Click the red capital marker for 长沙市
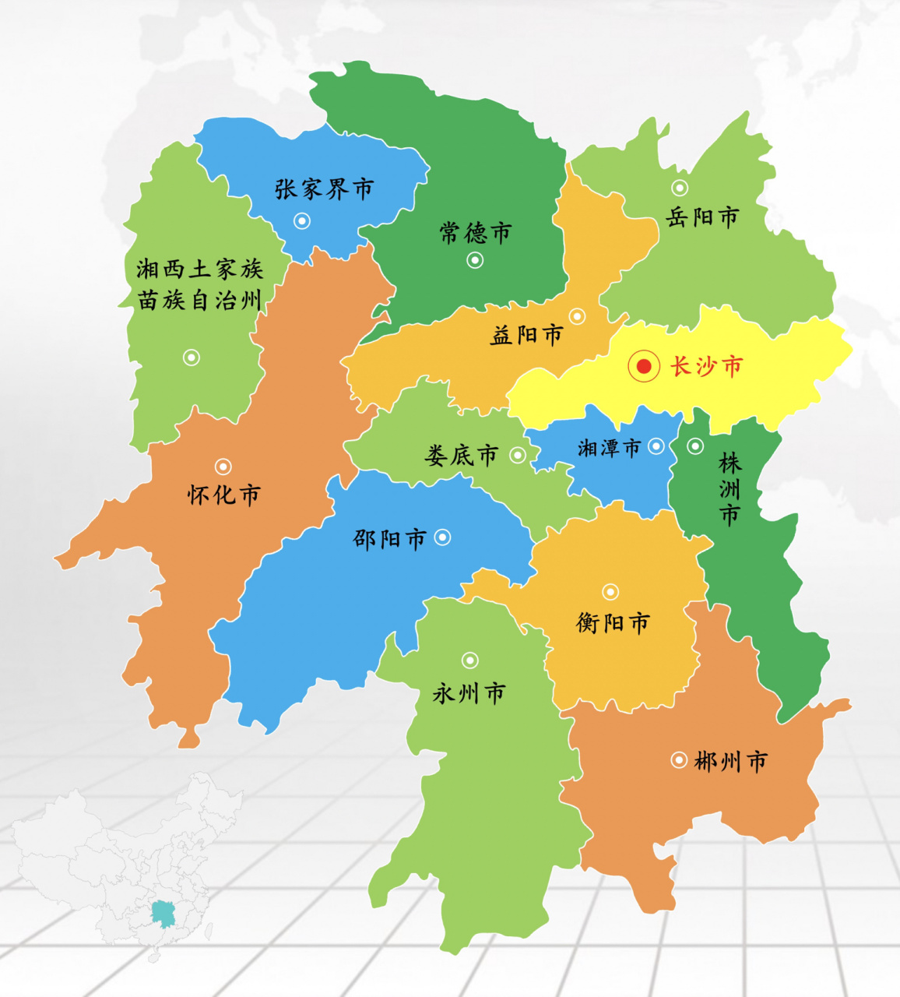644,366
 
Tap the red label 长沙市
707,366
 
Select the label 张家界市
324,189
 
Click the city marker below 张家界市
302,221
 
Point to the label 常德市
476,233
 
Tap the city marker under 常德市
475,260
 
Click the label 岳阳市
702,217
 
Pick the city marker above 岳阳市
680,188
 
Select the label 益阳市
526,335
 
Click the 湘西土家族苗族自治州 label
200,285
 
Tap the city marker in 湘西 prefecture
192,358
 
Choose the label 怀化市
223,495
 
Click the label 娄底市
461,456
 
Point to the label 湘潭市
609,448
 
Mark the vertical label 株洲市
729,489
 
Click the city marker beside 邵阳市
442,537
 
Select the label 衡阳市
613,623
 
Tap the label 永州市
469,693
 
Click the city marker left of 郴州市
679,759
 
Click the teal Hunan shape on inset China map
163,914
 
